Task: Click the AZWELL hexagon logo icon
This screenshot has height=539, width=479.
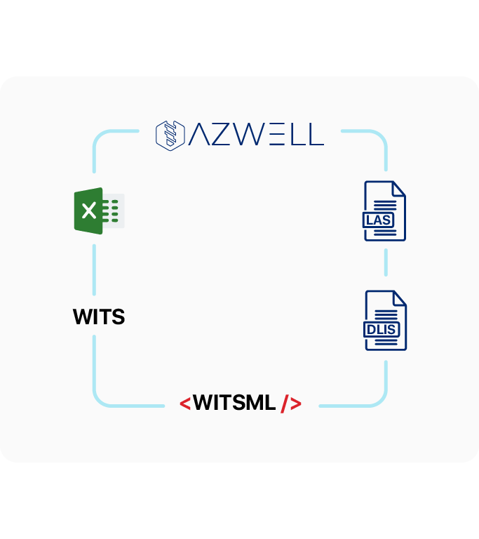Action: [169, 133]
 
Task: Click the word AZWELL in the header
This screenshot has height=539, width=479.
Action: [256, 134]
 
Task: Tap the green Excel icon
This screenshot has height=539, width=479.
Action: [98, 210]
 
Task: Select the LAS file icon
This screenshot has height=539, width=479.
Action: [384, 211]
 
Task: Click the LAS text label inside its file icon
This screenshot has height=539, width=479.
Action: [379, 220]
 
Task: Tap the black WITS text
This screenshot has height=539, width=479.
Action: [99, 317]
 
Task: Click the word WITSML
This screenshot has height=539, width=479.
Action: [234, 403]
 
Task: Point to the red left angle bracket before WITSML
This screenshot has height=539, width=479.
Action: [185, 404]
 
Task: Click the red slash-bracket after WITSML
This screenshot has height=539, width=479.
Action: [291, 404]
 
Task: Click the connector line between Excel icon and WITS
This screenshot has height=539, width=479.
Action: [94, 269]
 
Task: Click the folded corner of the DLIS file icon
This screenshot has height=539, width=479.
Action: [400, 298]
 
